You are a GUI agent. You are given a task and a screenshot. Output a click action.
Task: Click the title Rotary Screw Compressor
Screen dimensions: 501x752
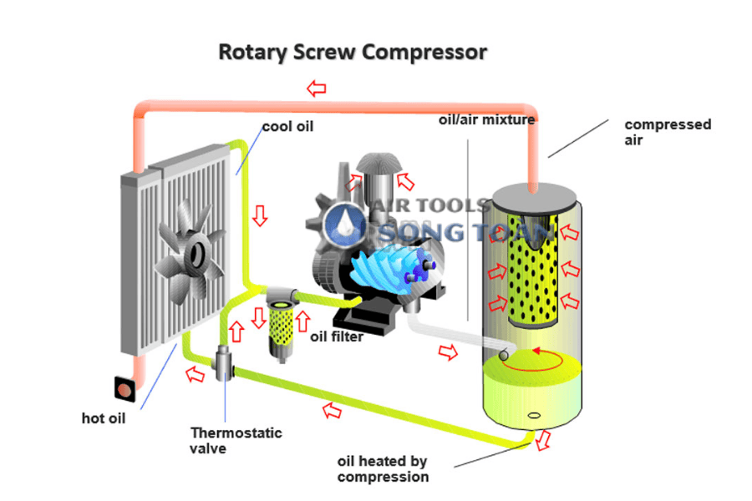pyautogui.click(x=352, y=52)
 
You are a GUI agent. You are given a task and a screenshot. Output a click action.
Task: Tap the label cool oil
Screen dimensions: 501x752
pyautogui.click(x=287, y=127)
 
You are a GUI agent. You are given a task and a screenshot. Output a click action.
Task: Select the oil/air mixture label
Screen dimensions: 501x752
pyautogui.click(x=486, y=119)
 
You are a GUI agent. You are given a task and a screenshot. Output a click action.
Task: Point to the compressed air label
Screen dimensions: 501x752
pyautogui.click(x=668, y=133)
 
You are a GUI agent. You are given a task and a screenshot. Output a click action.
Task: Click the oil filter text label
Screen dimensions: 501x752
pyautogui.click(x=336, y=337)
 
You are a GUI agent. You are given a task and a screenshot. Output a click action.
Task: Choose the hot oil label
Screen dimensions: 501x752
pyautogui.click(x=104, y=417)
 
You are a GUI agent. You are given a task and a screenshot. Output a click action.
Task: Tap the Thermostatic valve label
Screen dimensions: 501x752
pyautogui.click(x=236, y=440)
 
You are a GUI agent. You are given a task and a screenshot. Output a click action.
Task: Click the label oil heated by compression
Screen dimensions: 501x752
pyautogui.click(x=383, y=468)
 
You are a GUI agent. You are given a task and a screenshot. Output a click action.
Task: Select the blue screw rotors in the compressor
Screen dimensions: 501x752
pyautogui.click(x=394, y=267)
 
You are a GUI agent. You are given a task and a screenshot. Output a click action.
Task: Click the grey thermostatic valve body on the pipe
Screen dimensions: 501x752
pyautogui.click(x=224, y=364)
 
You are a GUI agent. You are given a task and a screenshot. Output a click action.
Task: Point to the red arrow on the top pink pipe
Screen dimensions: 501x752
pyautogui.click(x=316, y=87)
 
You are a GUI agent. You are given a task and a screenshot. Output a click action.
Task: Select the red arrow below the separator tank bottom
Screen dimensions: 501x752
pyautogui.click(x=545, y=439)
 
